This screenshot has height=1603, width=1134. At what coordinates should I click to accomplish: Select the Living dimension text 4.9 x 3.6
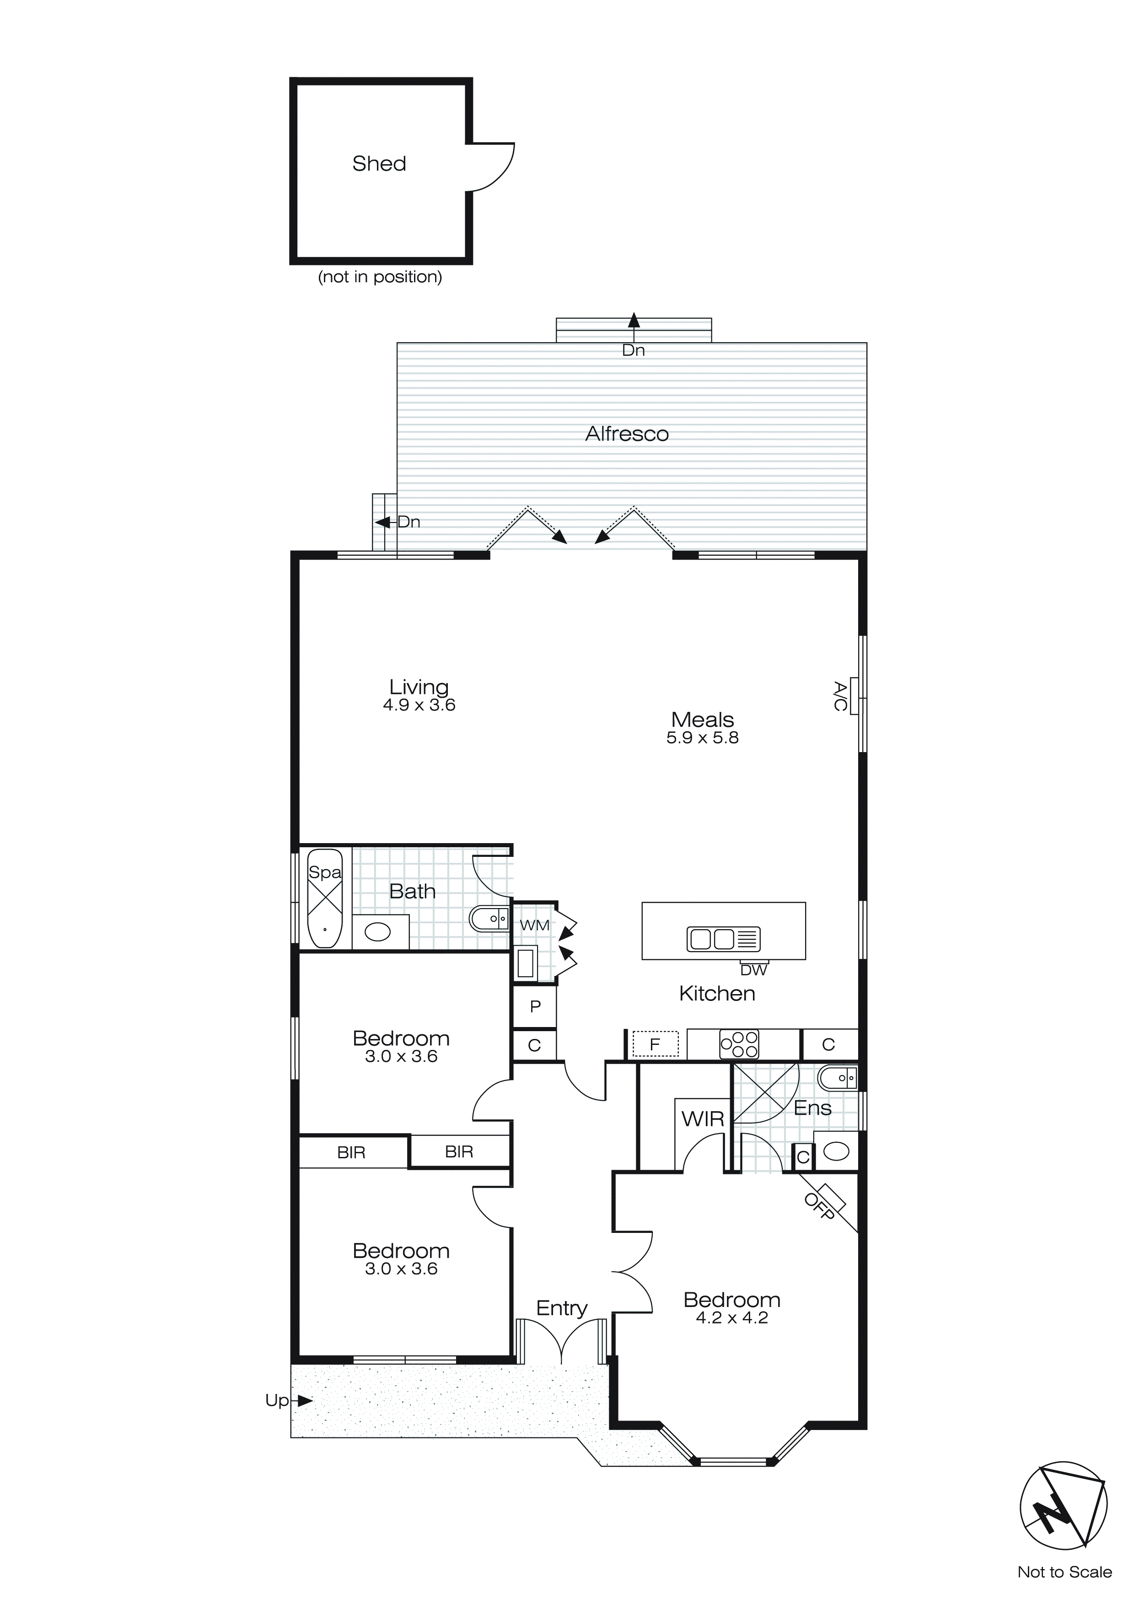click(x=419, y=705)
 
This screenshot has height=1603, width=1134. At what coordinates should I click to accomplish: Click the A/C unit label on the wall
click(x=841, y=696)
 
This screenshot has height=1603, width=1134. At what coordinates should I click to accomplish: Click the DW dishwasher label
click(x=753, y=970)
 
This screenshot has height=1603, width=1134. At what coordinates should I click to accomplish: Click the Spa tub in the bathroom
click(x=325, y=898)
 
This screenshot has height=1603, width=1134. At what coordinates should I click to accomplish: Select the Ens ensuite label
click(x=812, y=1108)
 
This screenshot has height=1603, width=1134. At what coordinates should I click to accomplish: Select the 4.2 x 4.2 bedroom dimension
click(x=732, y=1318)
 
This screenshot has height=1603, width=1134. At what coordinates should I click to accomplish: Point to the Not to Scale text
click(x=1064, y=1572)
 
